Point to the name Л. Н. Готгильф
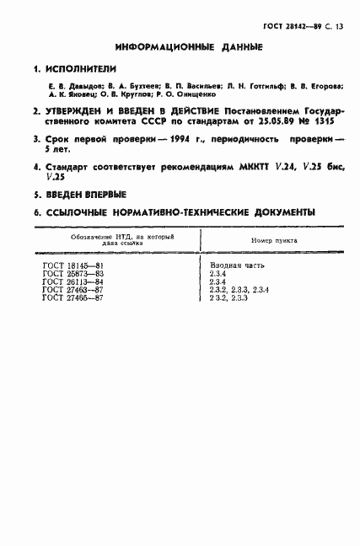click(x=251, y=86)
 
